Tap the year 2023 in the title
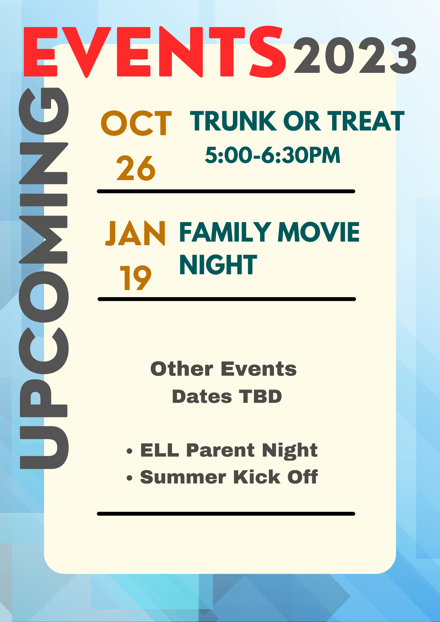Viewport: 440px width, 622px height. click(x=355, y=55)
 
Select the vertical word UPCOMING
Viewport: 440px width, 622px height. click(x=44, y=278)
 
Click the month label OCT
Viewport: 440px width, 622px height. click(x=136, y=123)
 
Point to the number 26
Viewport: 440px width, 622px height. click(x=136, y=168)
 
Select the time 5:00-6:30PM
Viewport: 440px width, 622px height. click(x=273, y=155)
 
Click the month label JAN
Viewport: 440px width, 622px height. click(x=135, y=233)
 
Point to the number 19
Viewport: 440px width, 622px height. click(x=136, y=278)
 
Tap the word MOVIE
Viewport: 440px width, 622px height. click(x=319, y=232)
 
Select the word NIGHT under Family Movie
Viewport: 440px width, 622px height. click(x=218, y=265)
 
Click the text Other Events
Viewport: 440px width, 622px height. click(x=223, y=369)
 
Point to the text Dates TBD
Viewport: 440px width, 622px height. click(x=227, y=396)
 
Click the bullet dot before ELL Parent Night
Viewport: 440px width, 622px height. click(x=129, y=451)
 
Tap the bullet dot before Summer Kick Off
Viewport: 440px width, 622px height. click(x=129, y=478)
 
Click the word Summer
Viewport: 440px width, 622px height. click(x=183, y=477)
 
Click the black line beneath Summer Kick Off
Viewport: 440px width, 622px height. click(x=226, y=514)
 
